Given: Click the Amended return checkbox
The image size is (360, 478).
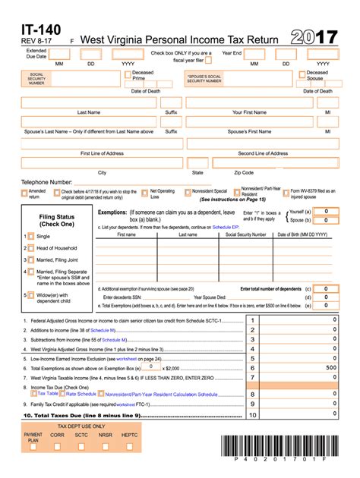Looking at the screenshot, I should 24,191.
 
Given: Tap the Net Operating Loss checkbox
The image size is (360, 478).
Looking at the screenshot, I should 145,191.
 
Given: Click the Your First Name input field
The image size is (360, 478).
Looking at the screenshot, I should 249,102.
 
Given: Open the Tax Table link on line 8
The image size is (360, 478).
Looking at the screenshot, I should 47,394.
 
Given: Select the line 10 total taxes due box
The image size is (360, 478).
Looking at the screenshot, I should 304,415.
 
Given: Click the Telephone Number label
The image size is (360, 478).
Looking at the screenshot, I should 47,182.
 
